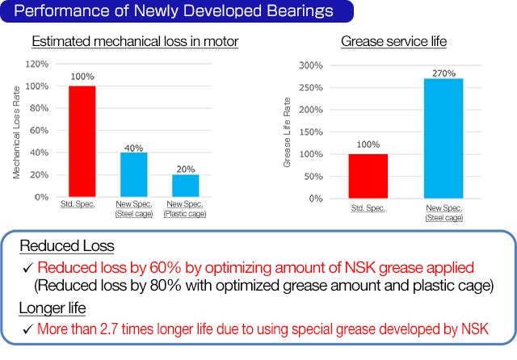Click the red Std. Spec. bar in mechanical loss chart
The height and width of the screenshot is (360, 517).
82,141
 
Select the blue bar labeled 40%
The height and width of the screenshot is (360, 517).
134,174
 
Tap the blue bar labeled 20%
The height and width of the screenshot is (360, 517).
186,186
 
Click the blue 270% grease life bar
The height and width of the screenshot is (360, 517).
444,138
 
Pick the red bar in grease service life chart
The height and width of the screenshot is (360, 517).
368,176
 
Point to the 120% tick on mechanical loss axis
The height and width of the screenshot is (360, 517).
37,64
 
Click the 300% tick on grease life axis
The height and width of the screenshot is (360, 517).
310,65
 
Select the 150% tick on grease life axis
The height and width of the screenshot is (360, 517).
310,132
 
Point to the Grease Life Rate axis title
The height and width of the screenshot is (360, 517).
287,132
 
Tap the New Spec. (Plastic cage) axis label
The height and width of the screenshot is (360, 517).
186,209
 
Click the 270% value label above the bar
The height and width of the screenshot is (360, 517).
444,71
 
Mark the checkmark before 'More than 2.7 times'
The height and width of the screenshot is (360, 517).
27,329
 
